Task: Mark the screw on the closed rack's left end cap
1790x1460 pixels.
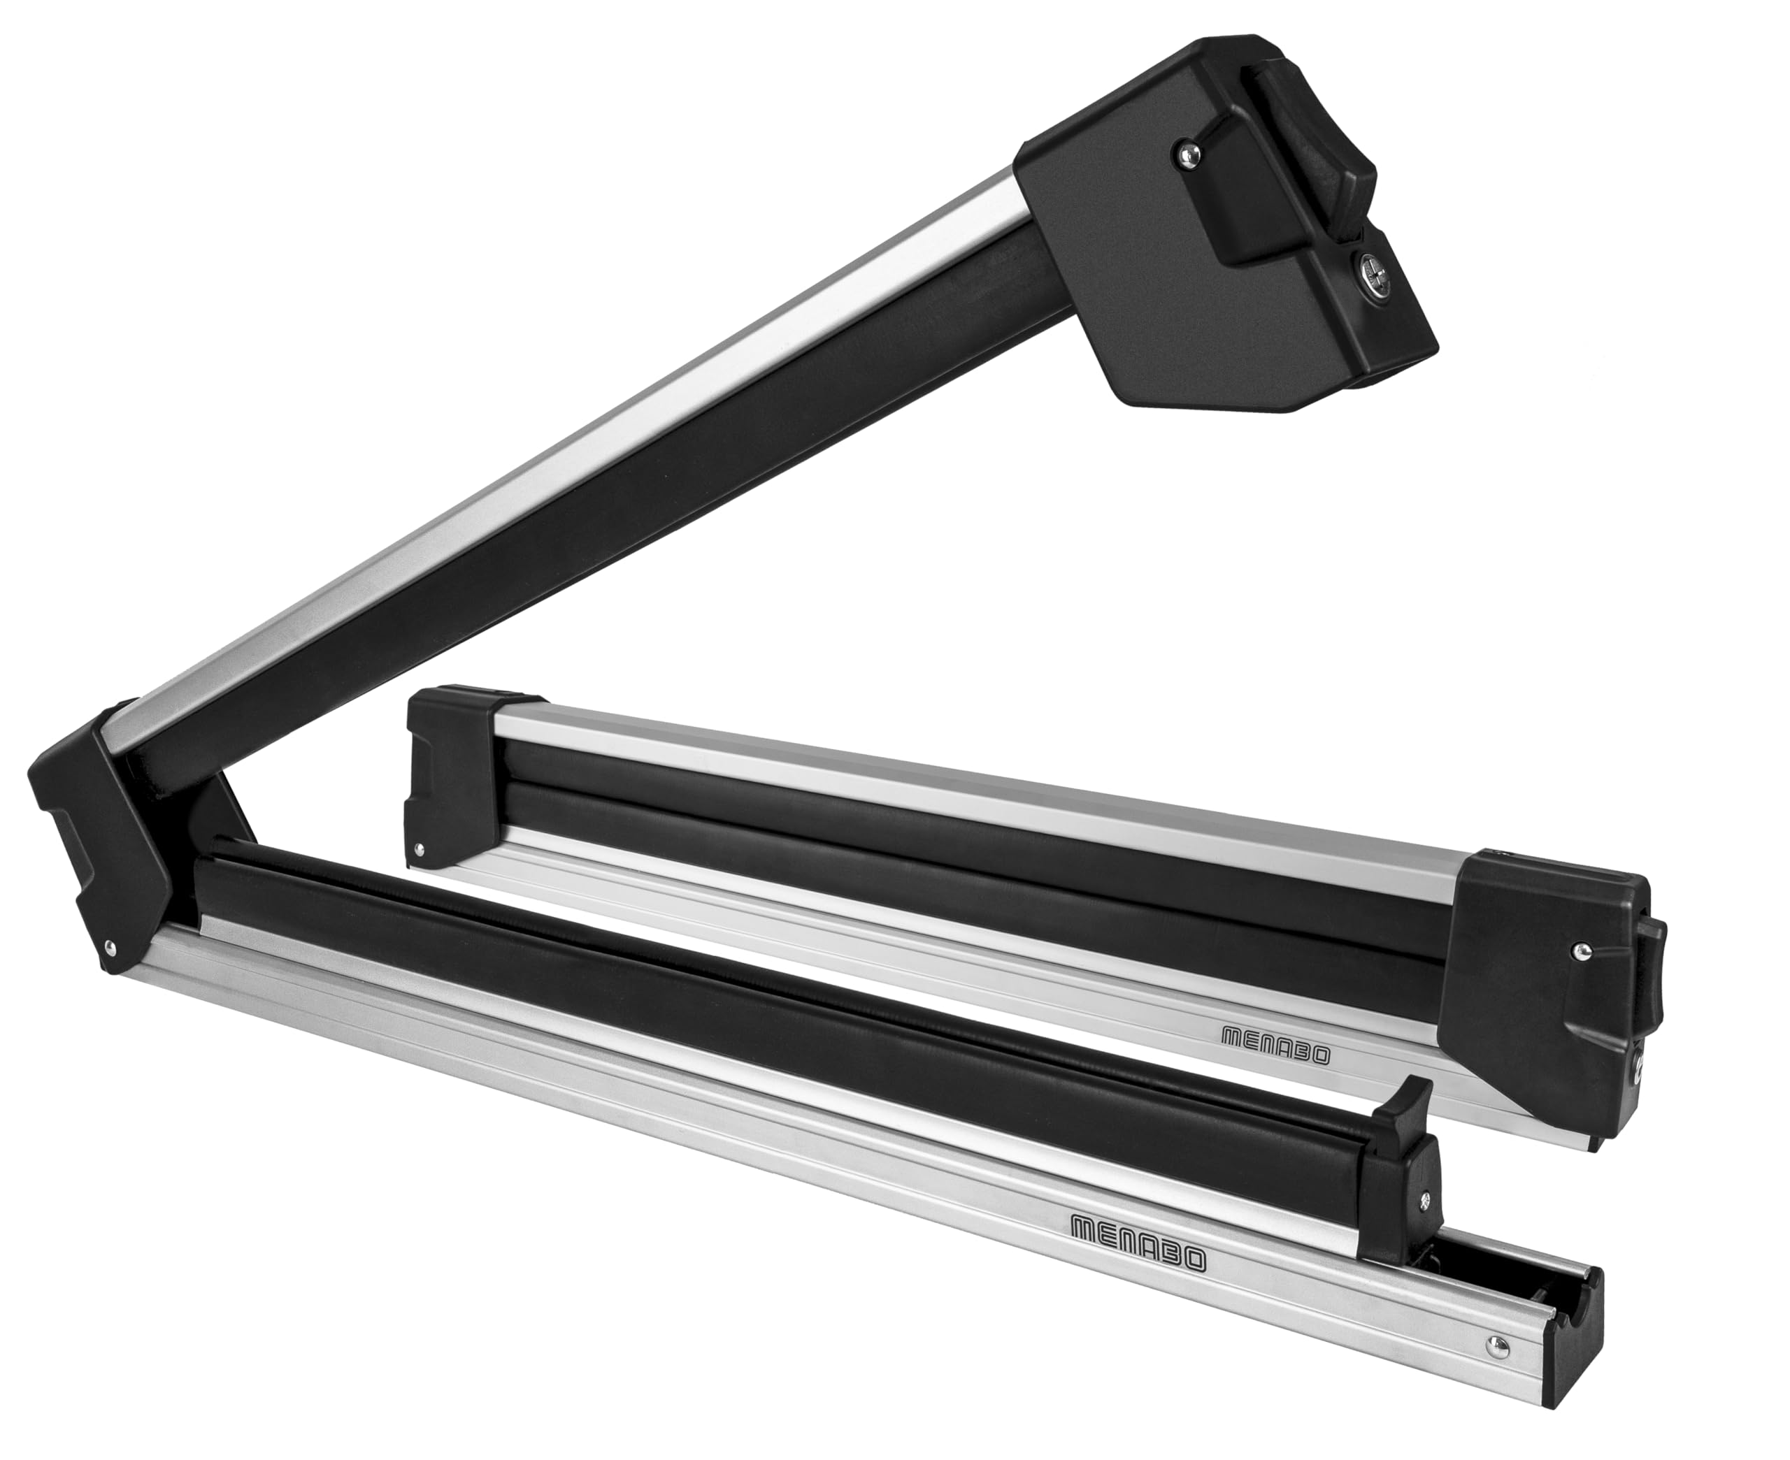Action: (x=417, y=851)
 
